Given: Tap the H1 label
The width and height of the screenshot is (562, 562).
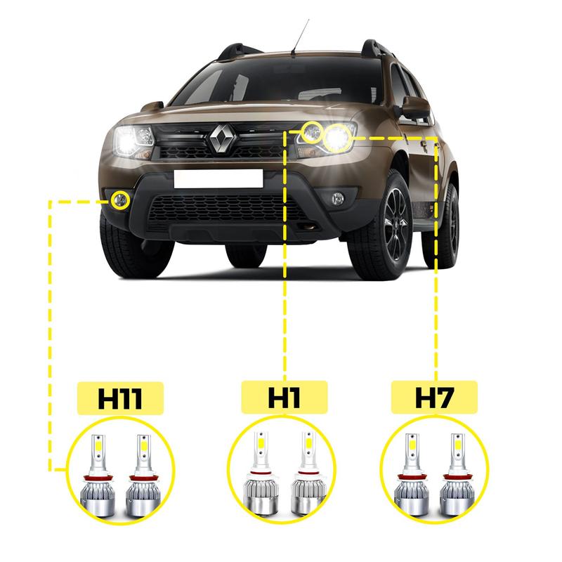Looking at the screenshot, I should tap(284, 398).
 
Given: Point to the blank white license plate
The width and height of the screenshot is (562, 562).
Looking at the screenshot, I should tap(218, 178).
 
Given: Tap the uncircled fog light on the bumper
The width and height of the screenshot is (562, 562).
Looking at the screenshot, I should tap(338, 197).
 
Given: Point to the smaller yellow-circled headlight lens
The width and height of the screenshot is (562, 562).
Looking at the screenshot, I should tap(313, 131).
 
